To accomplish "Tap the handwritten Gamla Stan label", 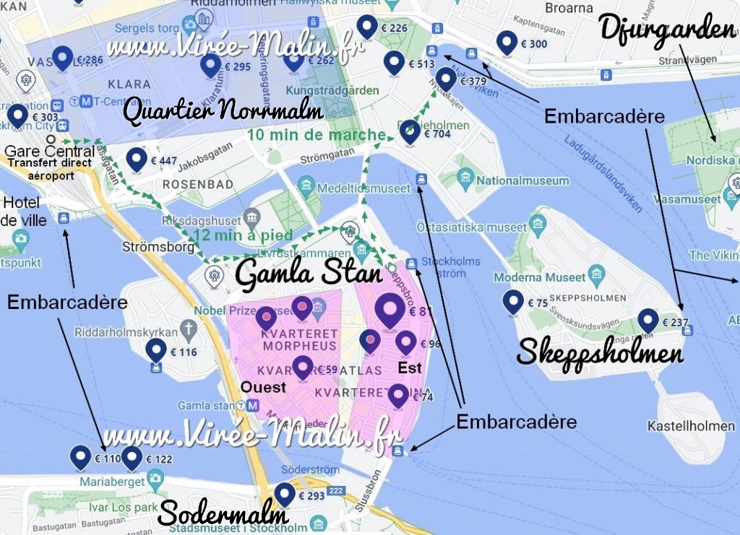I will click(x=309, y=274).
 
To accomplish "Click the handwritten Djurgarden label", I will click(x=666, y=31).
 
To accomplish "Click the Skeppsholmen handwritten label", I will click(x=600, y=352).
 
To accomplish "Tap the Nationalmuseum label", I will click(x=522, y=180).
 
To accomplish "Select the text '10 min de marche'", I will click(x=316, y=135).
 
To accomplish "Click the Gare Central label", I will click(x=49, y=152).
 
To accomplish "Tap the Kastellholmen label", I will click(x=691, y=426).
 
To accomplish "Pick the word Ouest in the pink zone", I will click(x=264, y=387).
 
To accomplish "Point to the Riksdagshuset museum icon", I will click(x=251, y=216).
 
